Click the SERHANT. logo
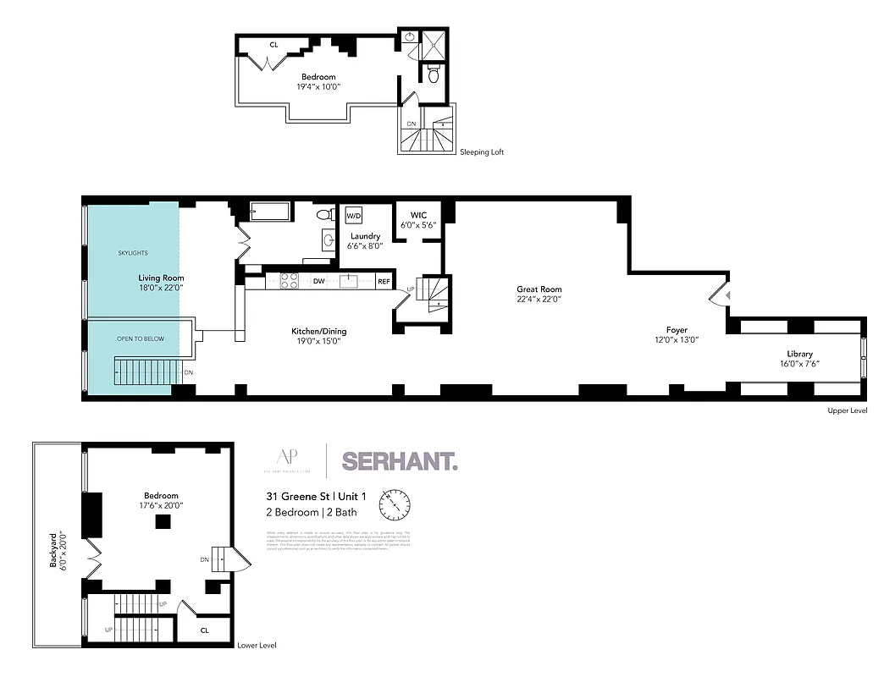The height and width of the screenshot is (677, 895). [400, 461]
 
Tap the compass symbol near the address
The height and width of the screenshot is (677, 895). [395, 504]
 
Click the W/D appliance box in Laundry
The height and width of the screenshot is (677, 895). [353, 215]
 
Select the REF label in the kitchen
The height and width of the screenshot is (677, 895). [384, 281]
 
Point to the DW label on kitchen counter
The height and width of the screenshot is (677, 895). [319, 281]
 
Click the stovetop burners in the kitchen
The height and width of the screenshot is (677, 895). [288, 281]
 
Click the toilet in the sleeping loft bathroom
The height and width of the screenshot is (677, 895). [434, 75]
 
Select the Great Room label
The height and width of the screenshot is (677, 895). [539, 289]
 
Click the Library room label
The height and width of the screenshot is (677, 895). [799, 354]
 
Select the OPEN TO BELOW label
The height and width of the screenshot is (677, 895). [141, 338]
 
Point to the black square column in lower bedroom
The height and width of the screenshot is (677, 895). [159, 522]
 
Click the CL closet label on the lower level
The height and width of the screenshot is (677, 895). [204, 630]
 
